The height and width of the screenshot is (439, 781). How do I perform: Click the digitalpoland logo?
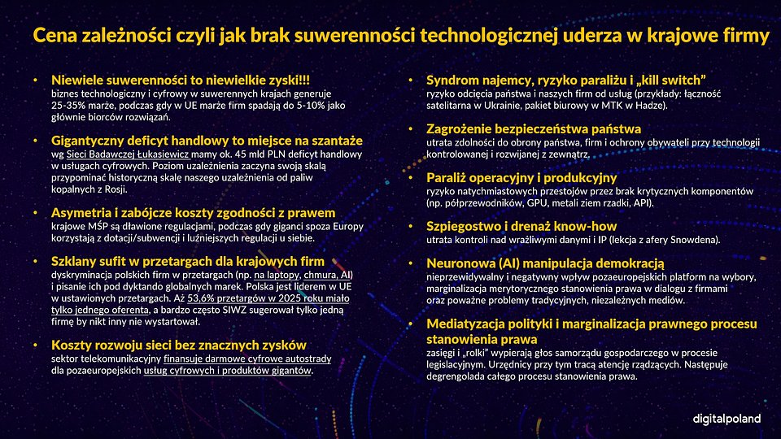tap(726, 418)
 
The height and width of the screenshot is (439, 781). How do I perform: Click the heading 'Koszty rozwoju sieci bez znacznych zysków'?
tap(178, 346)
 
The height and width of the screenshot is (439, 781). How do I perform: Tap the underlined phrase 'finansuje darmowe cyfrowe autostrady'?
tap(236, 359)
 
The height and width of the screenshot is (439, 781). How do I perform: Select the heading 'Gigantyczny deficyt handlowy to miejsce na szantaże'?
tap(207, 140)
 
